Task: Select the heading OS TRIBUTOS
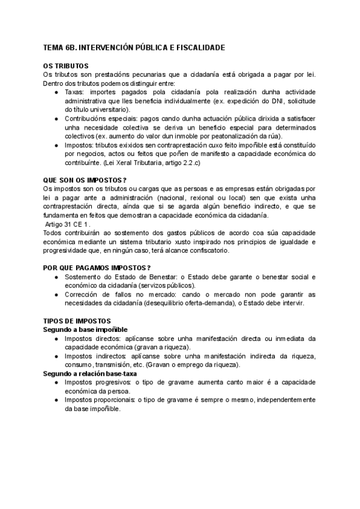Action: click(x=67, y=65)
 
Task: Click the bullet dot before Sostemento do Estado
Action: click(x=56, y=277)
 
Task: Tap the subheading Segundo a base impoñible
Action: click(x=85, y=330)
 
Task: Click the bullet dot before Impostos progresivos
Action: click(x=56, y=382)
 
